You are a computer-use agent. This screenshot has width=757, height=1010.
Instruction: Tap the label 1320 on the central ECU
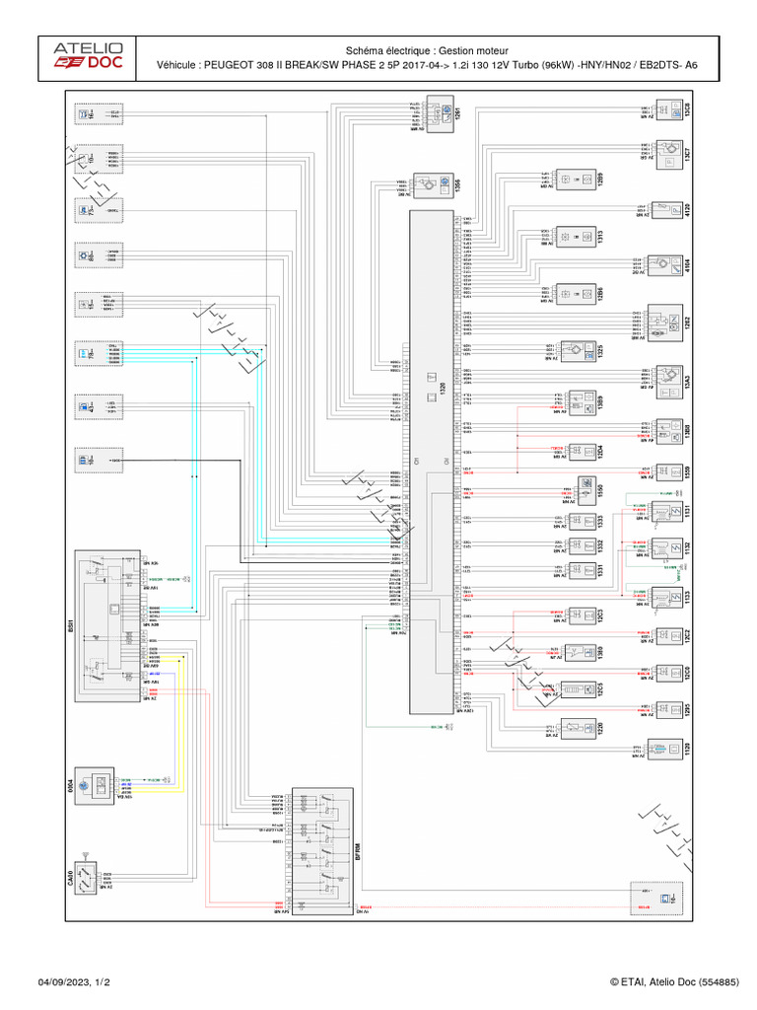pyautogui.click(x=443, y=389)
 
